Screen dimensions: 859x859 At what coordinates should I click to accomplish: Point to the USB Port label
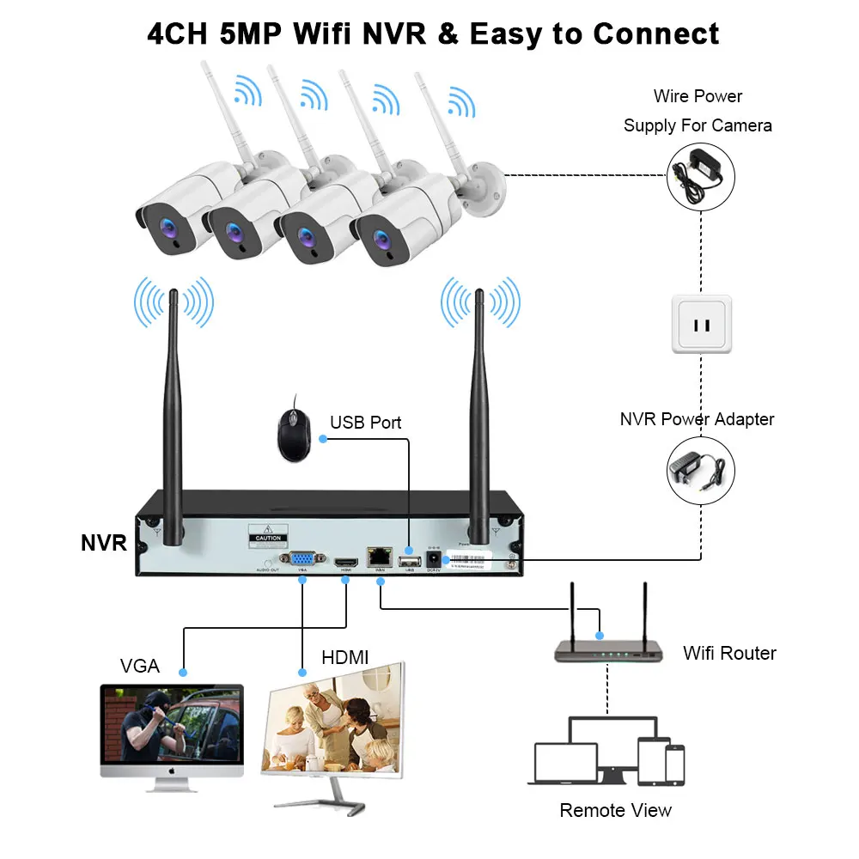[x=365, y=423]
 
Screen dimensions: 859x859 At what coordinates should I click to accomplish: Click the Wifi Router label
[x=729, y=653]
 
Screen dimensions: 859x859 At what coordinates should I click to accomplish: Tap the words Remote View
[x=615, y=810]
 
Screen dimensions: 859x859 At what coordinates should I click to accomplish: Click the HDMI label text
[x=344, y=657]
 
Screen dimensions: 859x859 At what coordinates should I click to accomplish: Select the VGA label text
[x=139, y=666]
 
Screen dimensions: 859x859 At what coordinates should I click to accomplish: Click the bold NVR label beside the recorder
[x=104, y=543]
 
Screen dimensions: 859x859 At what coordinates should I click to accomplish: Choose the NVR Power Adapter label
[x=697, y=419]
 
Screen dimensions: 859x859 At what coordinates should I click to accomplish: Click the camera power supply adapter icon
[x=701, y=175]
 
